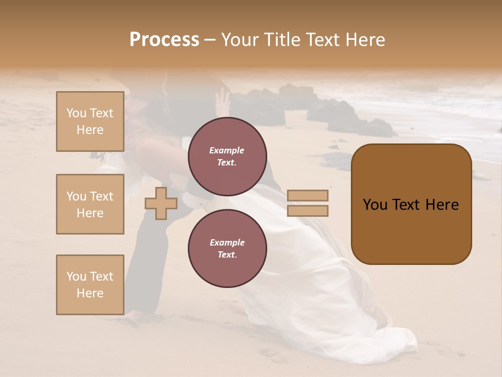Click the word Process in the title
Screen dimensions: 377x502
pos(164,40)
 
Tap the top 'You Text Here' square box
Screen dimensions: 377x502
pos(90,121)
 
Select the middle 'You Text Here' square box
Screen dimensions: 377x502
pos(90,204)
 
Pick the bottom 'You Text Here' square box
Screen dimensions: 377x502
pos(90,284)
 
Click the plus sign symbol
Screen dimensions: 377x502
pos(161,203)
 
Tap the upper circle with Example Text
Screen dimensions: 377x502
pos(227,157)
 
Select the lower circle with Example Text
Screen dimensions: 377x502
pos(227,248)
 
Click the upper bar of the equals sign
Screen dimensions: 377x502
pos(307,195)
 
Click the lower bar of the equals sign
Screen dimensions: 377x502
pos(307,211)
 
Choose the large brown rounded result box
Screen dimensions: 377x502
pos(411,204)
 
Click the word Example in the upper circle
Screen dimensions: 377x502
pos(227,150)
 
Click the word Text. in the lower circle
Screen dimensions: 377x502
pos(227,254)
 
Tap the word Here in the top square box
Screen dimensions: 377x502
pos(90,130)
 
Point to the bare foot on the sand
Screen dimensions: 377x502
pos(133,316)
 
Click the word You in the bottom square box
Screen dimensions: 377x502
pos(76,276)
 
